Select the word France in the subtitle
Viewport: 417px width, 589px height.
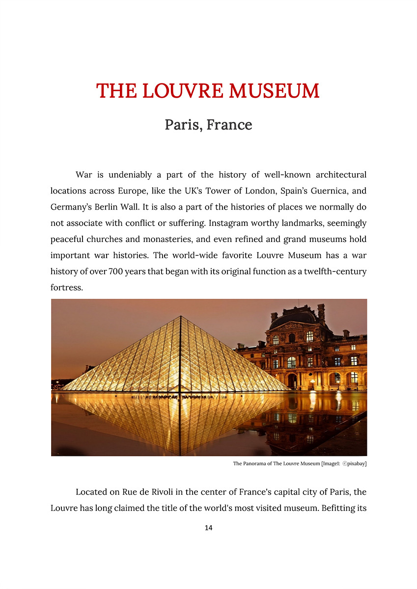[x=229, y=125]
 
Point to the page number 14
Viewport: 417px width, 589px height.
[x=208, y=528]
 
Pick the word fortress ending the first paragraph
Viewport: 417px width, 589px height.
[x=67, y=288]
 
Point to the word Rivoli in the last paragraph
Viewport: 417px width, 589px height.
[x=161, y=492]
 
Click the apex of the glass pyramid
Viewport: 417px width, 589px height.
[x=181, y=317]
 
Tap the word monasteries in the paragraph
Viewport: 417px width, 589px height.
[x=173, y=239]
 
